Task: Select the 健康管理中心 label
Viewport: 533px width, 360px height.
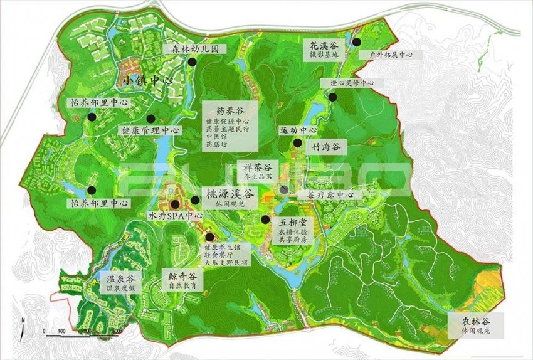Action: pyautogui.click(x=149, y=130)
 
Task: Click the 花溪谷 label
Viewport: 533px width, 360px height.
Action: pyautogui.click(x=323, y=45)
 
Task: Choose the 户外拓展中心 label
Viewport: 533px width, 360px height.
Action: pyautogui.click(x=391, y=55)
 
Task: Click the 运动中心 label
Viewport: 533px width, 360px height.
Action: pyautogui.click(x=298, y=130)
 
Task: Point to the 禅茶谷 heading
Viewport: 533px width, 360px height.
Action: pyautogui.click(x=258, y=167)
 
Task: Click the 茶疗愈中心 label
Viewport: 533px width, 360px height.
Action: pyautogui.click(x=330, y=195)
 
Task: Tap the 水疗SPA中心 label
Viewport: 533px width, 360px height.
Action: pyautogui.click(x=176, y=215)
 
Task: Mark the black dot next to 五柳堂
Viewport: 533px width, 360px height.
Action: pyautogui.click(x=266, y=220)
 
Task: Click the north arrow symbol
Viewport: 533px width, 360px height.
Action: pyautogui.click(x=23, y=324)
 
